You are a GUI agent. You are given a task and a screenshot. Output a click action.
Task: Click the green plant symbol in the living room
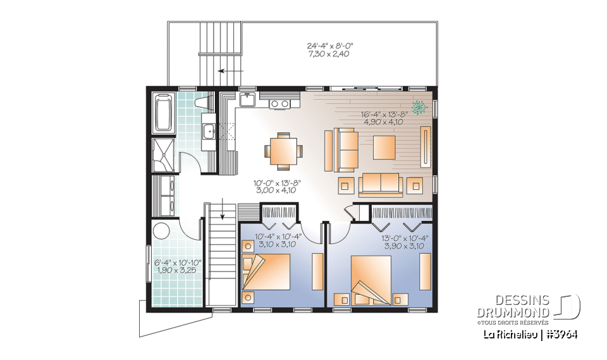coord(418,108)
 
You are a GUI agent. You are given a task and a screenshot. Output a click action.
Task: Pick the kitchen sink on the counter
coord(247,100)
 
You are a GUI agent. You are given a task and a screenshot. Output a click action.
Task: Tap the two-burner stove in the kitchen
coord(279,103)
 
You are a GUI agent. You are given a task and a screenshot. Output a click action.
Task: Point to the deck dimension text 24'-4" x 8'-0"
coord(329,46)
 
